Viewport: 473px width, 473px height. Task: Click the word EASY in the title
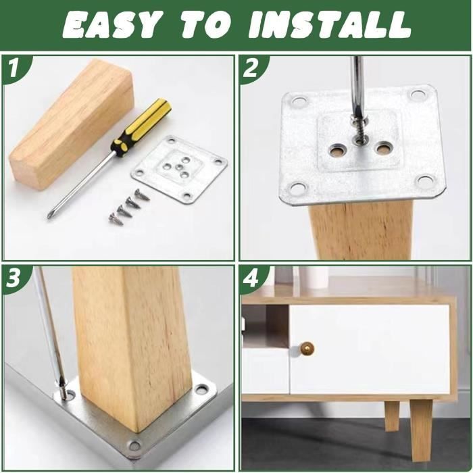point(114,25)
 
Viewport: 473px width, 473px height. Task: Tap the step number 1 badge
point(14,68)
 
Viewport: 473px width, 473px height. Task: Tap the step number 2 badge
point(251,68)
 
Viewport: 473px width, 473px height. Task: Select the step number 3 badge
point(14,278)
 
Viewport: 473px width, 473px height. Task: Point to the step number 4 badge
point(251,278)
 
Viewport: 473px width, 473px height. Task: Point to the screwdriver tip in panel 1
point(51,214)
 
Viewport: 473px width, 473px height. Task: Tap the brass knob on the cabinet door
point(307,349)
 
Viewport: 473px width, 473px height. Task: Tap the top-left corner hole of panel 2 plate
point(299,102)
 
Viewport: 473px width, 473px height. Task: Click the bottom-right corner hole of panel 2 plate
point(425,180)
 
